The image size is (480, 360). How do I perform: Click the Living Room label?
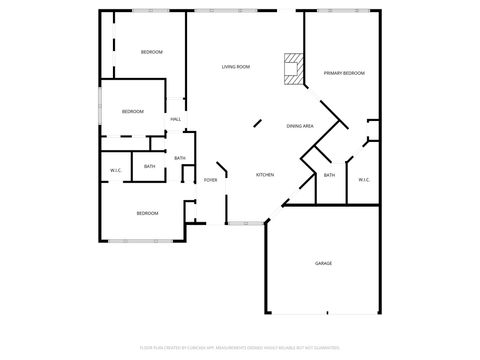click(x=235, y=67)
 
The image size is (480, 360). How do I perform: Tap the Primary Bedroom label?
click(x=343, y=73)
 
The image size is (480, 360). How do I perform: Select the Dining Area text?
click(x=300, y=126)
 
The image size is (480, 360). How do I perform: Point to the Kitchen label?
click(x=265, y=175)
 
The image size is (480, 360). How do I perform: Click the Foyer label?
click(x=210, y=180)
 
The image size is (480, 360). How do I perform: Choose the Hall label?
click(x=175, y=120)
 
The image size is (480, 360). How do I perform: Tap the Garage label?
click(x=323, y=263)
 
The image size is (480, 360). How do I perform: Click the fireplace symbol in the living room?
click(x=292, y=69)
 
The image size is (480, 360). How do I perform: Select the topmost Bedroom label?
click(x=151, y=52)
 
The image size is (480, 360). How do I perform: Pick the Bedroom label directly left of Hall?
click(x=133, y=112)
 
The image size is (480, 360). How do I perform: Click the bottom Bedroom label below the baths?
click(x=147, y=213)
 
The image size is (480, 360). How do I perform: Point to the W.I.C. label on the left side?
click(x=116, y=171)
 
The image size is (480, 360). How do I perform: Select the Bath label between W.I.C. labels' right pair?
click(x=329, y=176)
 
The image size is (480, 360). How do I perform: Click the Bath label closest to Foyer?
click(x=180, y=158)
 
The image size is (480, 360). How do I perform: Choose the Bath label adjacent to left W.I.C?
click(x=149, y=167)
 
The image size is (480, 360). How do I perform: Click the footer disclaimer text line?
click(x=240, y=348)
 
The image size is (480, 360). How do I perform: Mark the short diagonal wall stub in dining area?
click(x=257, y=124)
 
